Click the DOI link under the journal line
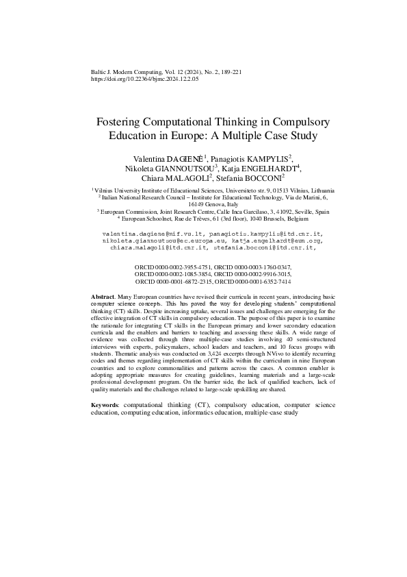point(144,79)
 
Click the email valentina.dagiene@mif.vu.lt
point(146,234)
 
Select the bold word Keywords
point(105,406)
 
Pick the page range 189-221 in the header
point(223,72)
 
